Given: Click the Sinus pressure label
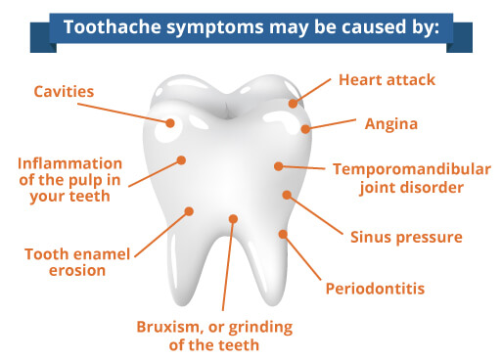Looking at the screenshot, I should pyautogui.click(x=405, y=237).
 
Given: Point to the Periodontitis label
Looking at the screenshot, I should pyautogui.click(x=375, y=290).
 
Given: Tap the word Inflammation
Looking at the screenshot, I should pyautogui.click(x=69, y=162).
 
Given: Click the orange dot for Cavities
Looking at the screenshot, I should pyautogui.click(x=170, y=123).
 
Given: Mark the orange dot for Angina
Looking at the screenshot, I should pyautogui.click(x=306, y=128).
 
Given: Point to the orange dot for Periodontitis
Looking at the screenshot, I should pyautogui.click(x=283, y=234).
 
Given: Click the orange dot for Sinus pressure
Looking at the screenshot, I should pyautogui.click(x=287, y=195).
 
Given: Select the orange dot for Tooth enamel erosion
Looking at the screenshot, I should pyautogui.click(x=190, y=209).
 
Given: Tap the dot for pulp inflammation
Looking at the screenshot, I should pyautogui.click(x=181, y=159).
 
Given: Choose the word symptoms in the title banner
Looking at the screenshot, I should pyautogui.click(x=202, y=26).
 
